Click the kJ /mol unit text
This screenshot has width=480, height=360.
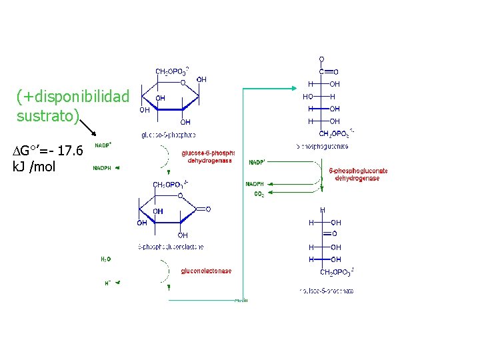34,167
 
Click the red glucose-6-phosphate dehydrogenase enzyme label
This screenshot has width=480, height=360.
208,157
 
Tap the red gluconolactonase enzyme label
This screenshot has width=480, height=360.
207,271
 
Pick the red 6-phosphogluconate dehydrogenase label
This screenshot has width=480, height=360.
359,175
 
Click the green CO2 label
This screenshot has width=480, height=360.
259,194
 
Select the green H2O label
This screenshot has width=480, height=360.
106,259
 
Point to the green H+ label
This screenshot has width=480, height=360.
107,283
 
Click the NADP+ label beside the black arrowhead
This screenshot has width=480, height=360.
103,145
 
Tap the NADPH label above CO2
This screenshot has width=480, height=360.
255,184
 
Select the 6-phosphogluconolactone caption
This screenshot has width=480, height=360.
171,247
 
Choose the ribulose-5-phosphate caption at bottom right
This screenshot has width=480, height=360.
327,291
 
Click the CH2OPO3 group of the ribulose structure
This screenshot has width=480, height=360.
337,272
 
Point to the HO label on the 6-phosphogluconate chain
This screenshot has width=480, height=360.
308,97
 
